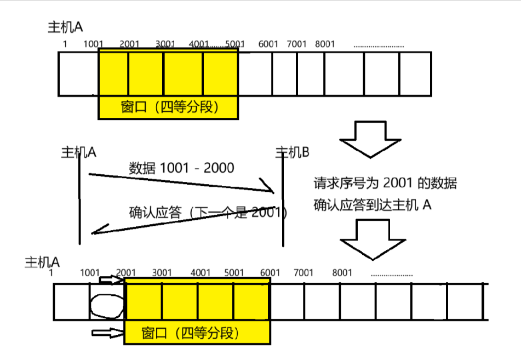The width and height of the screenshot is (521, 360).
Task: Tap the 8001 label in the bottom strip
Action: click(x=343, y=272)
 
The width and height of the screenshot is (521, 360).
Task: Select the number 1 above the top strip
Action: click(x=65, y=44)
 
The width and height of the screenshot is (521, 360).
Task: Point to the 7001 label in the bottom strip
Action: click(x=304, y=272)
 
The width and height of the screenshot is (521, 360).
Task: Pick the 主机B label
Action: click(x=292, y=152)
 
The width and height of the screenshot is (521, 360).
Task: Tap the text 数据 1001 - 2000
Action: click(x=181, y=168)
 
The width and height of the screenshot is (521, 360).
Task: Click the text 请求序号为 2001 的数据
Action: click(x=385, y=183)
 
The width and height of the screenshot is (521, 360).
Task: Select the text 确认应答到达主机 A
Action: click(x=373, y=205)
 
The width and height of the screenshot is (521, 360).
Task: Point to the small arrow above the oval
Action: click(x=112, y=280)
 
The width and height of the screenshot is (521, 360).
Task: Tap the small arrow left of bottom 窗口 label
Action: click(x=107, y=332)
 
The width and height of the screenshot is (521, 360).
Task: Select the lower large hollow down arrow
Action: click(x=373, y=239)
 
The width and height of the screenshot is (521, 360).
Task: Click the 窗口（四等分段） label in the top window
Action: click(x=169, y=107)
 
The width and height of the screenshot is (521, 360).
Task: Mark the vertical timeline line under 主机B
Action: click(x=283, y=203)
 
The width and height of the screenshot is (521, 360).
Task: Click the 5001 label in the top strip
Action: click(x=235, y=44)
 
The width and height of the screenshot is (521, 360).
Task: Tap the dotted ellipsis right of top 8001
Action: click(x=379, y=45)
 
